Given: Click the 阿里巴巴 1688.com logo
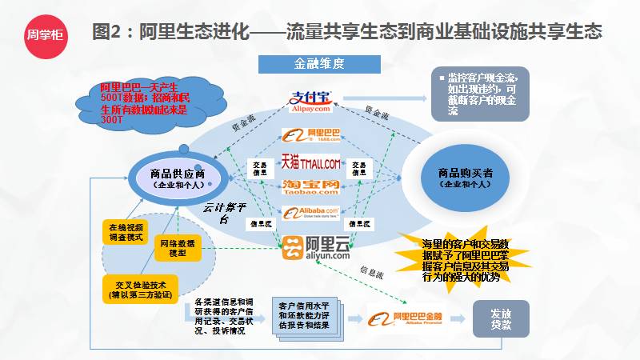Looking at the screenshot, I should tap(311, 138).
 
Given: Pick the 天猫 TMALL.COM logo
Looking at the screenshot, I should tap(310, 163).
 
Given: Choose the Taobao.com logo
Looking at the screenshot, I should tap(310, 187).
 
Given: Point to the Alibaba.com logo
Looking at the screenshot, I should tap(311, 213).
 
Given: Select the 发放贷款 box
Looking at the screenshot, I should tap(501, 319).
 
